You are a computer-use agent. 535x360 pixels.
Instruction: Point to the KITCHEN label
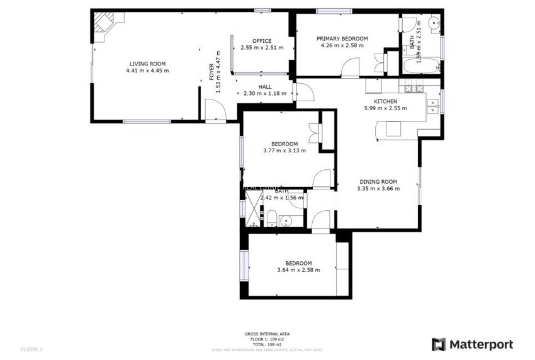coord(385,101)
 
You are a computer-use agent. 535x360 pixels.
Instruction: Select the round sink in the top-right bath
coord(434,24)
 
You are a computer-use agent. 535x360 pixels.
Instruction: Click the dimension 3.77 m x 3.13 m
coord(284,150)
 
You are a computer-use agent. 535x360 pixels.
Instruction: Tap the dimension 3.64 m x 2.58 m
coord(298,270)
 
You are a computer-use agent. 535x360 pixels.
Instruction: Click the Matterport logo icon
coord(439,344)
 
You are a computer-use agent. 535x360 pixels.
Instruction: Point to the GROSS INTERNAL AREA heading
coord(267,334)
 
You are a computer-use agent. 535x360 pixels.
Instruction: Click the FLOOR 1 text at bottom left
coord(31,349)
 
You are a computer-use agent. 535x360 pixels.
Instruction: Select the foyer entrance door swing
coord(215,111)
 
